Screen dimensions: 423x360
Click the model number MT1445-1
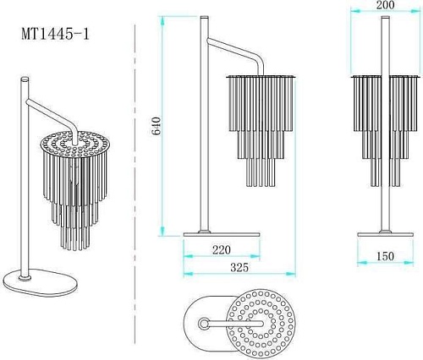coord(55,35)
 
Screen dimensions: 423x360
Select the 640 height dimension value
coord(156,126)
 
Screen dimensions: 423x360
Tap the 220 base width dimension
coord(222,249)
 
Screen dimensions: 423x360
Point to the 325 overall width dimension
coord(239,267)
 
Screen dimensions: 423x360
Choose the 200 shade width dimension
coord(385,5)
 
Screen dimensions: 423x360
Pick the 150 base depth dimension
coord(385,256)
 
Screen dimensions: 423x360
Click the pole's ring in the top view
coord(204,324)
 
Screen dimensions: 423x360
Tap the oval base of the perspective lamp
coord(40,282)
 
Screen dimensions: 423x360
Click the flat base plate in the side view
coord(222,234)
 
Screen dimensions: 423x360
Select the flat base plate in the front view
coord(385,234)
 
